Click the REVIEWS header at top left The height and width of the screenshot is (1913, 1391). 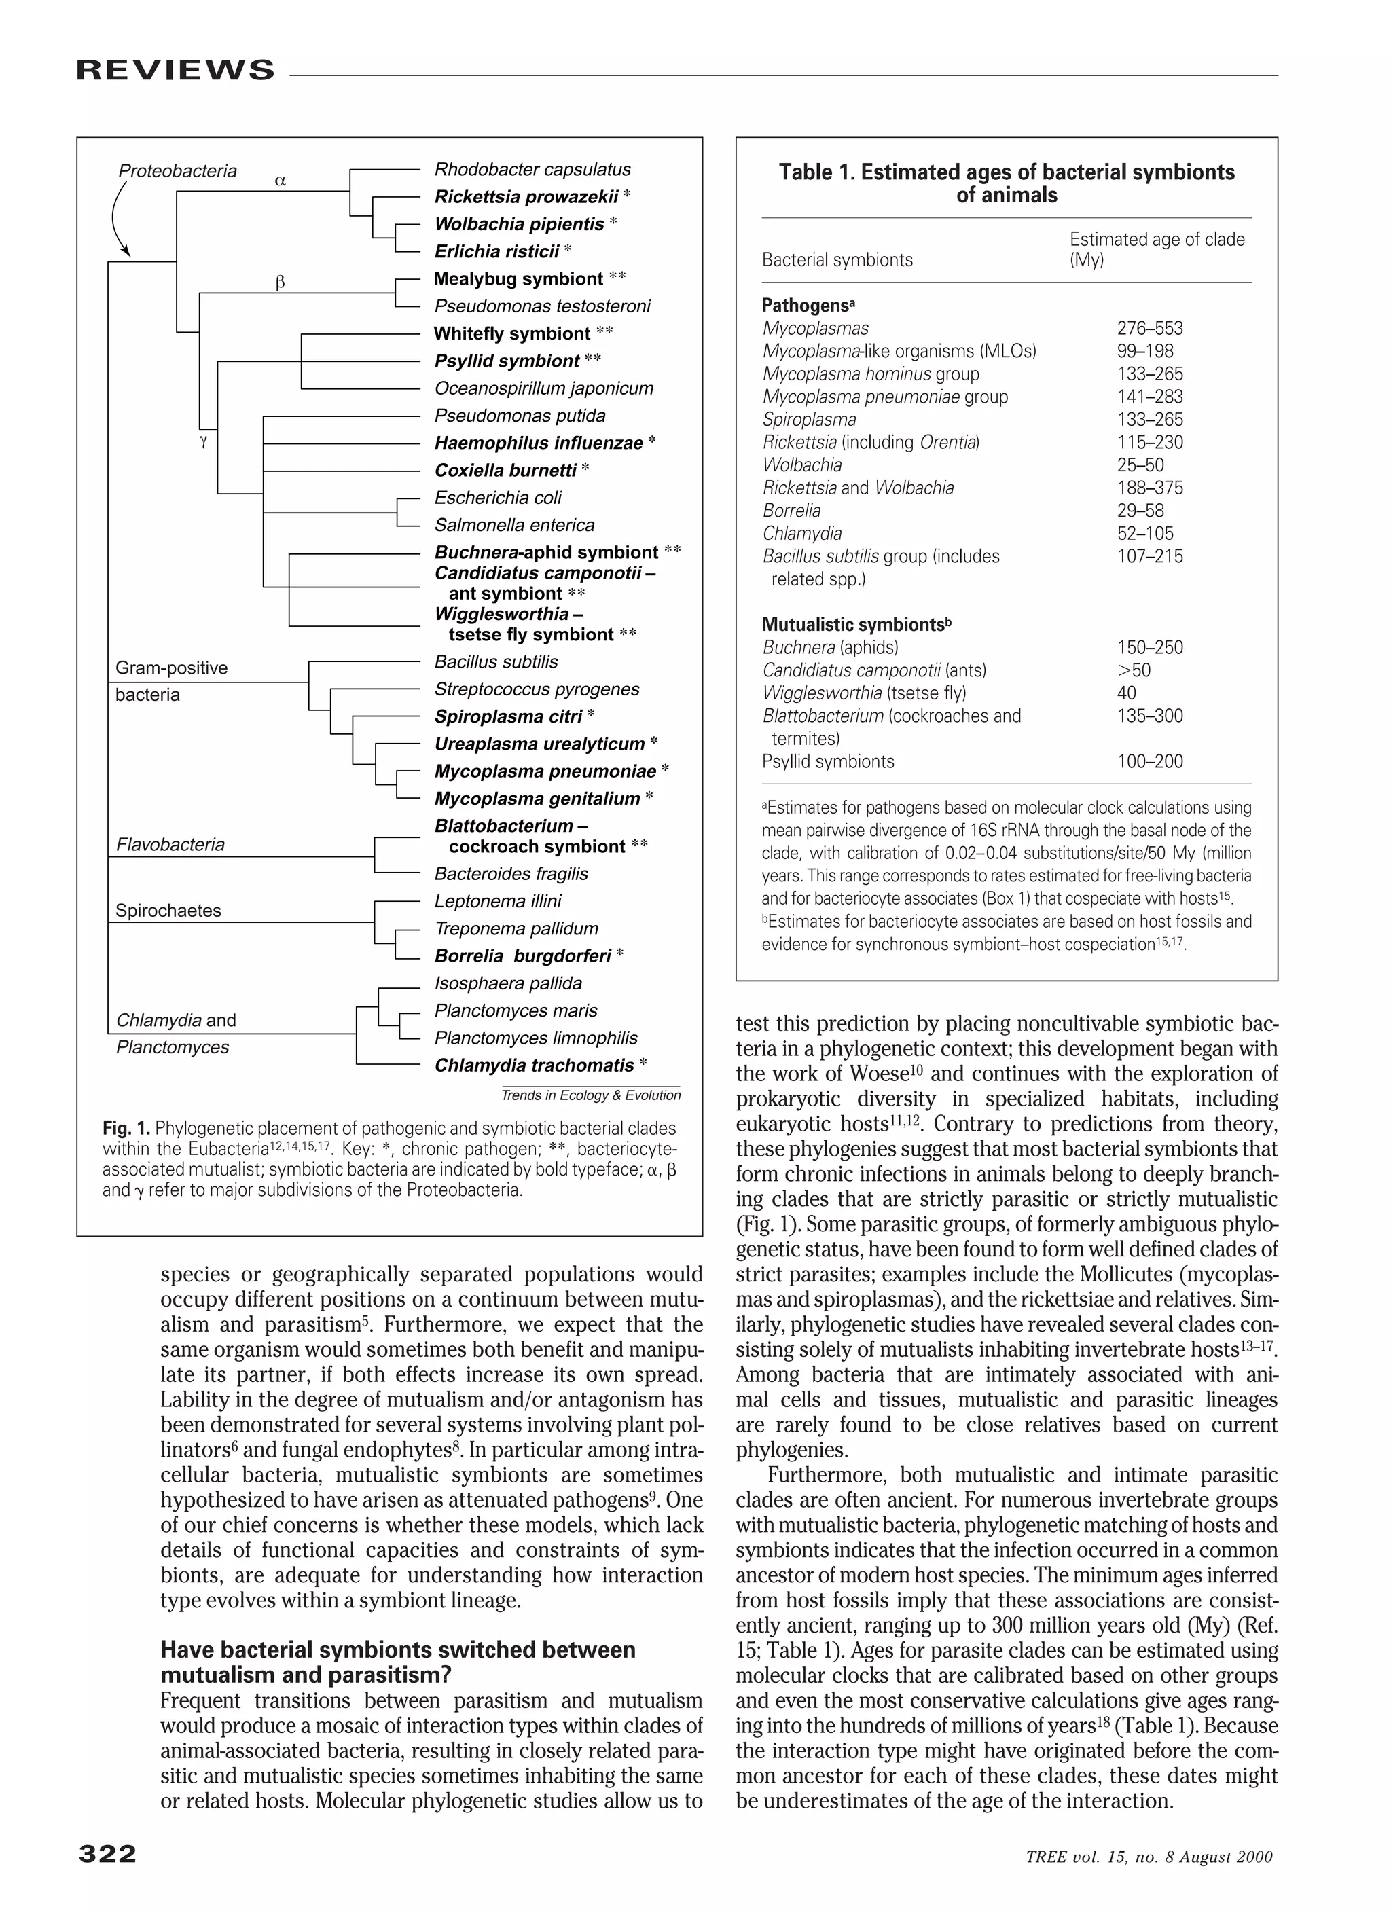(x=175, y=69)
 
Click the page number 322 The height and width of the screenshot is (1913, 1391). (x=107, y=1853)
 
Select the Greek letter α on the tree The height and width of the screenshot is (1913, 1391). (x=281, y=181)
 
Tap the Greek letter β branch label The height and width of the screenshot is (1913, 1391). (x=281, y=283)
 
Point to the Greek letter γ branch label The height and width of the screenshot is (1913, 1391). (x=203, y=440)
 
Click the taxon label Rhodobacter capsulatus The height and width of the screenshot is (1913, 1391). (x=532, y=170)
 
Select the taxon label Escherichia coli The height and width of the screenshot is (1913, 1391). (x=498, y=498)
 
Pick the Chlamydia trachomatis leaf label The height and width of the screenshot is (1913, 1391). (x=534, y=1065)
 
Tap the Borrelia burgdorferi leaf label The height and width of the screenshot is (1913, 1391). (x=523, y=955)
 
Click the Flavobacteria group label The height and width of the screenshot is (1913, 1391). (x=170, y=844)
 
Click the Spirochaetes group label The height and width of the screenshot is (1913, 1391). (x=168, y=910)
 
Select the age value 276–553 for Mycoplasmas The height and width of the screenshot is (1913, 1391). (x=1150, y=328)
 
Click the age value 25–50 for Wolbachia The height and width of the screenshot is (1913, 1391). (x=1140, y=464)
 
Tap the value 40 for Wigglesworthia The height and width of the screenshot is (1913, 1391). (x=1126, y=693)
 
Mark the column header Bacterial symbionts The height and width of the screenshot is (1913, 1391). (x=837, y=260)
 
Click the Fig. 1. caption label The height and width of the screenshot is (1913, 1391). (x=126, y=1128)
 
